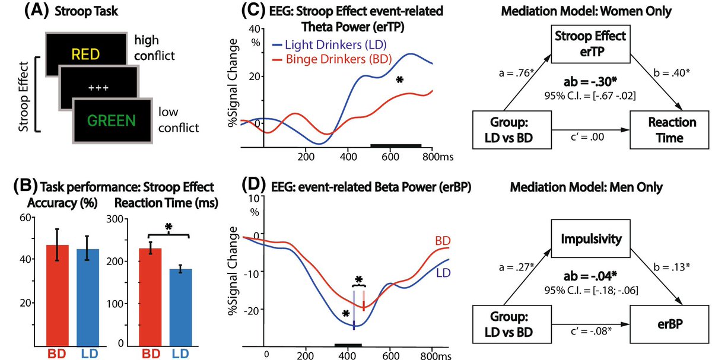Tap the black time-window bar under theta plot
[396, 145]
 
